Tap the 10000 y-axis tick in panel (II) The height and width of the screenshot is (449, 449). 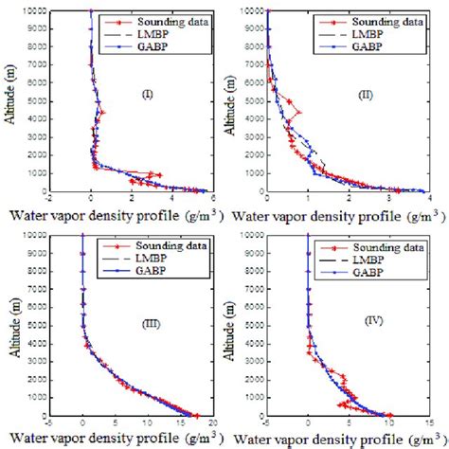pos(254,11)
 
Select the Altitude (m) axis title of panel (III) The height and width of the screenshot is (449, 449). pos(11,325)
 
